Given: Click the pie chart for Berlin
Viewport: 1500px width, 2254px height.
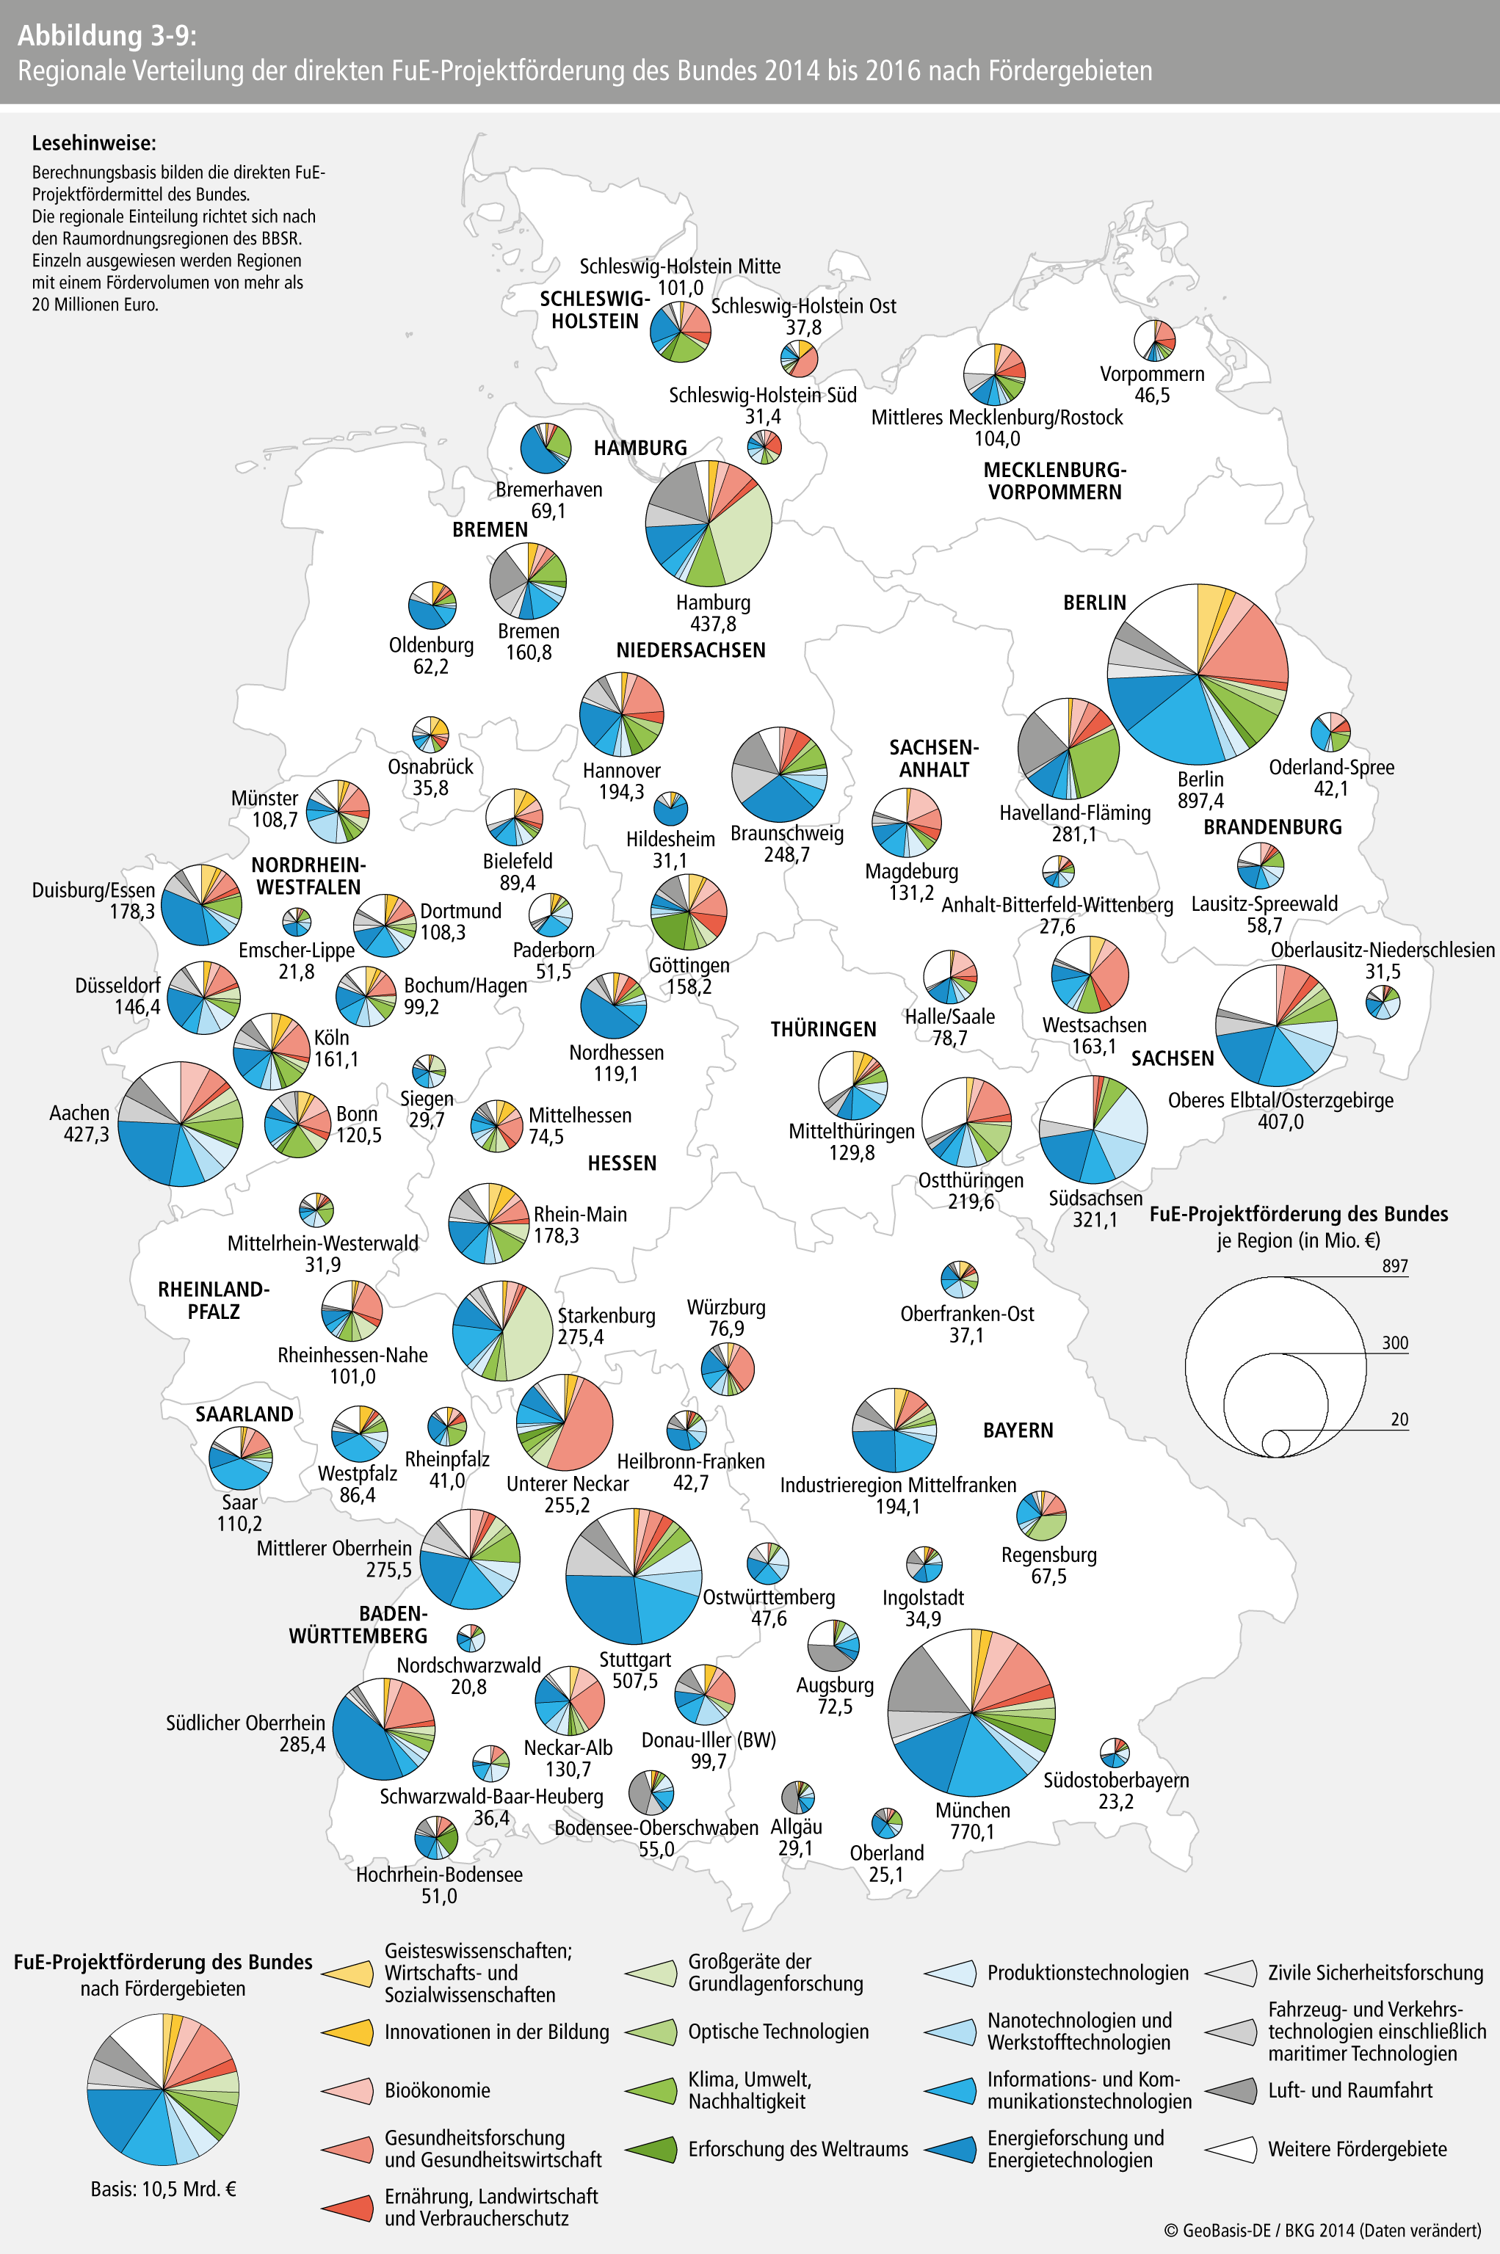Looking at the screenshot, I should [x=1197, y=675].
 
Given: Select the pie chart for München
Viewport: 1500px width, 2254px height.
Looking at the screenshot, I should [x=971, y=1712].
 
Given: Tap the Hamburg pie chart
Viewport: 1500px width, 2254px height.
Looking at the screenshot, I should [x=709, y=523].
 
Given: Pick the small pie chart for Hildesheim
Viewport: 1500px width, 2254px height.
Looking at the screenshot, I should [x=670, y=808].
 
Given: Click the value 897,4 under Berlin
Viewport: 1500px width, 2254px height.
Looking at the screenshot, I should [x=1200, y=801].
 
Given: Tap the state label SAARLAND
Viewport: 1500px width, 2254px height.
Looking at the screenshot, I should [x=244, y=1414].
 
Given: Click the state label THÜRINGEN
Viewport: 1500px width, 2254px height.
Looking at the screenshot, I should [x=824, y=1029].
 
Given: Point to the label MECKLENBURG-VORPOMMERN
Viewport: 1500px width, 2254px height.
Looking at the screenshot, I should [x=1054, y=481].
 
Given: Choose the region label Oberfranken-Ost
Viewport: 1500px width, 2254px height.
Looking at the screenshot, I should [x=967, y=1314].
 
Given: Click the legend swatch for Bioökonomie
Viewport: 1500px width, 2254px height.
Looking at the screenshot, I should [x=347, y=2090].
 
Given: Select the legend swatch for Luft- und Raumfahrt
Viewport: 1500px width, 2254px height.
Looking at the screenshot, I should [x=1231, y=2090].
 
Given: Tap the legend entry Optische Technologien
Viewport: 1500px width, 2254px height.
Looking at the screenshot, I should [x=778, y=2031].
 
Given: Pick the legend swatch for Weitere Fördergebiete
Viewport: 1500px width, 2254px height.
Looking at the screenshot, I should [x=1231, y=2149].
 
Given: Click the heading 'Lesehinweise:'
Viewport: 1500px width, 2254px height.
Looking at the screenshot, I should [x=94, y=143].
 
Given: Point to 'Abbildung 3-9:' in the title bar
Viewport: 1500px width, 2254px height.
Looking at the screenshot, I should [x=107, y=35].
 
